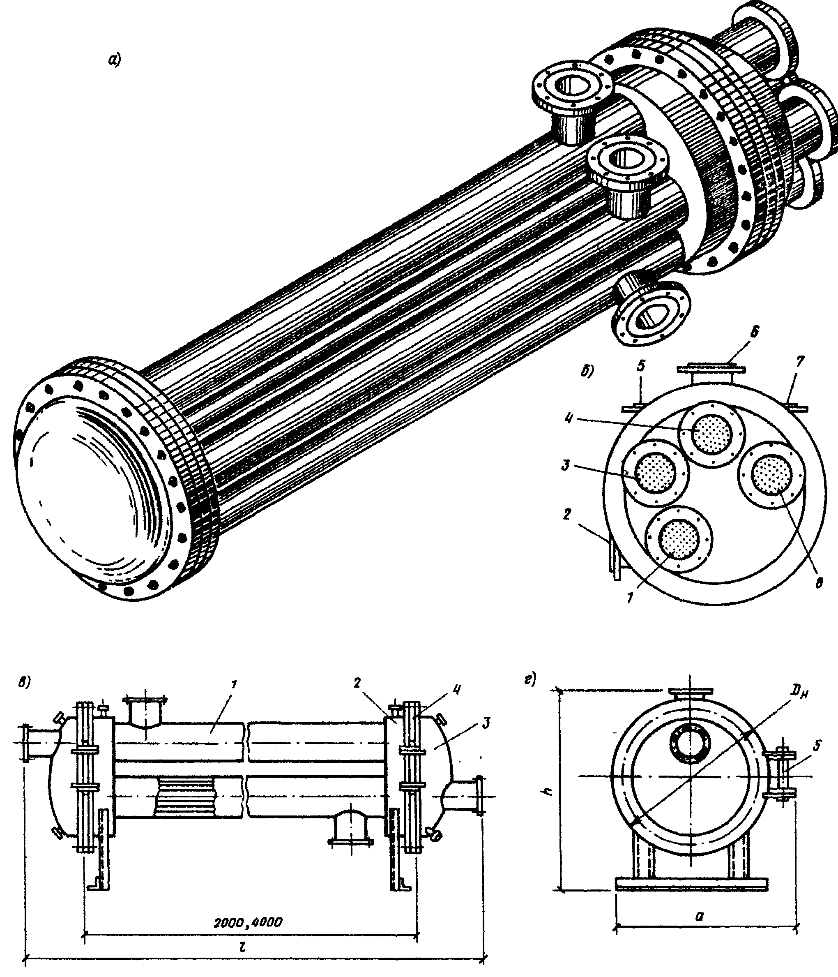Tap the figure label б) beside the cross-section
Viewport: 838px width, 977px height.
[587, 371]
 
